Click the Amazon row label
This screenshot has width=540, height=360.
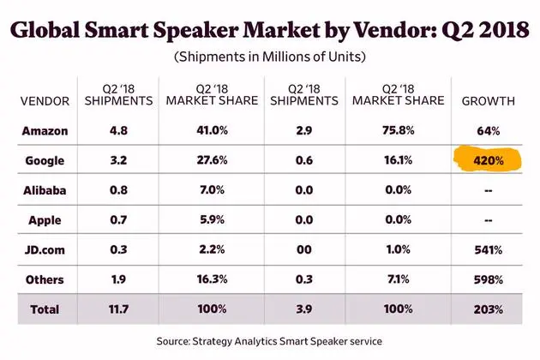pyautogui.click(x=45, y=131)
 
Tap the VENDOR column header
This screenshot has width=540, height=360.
pyautogui.click(x=45, y=101)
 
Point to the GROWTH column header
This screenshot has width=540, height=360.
pyautogui.click(x=486, y=101)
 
